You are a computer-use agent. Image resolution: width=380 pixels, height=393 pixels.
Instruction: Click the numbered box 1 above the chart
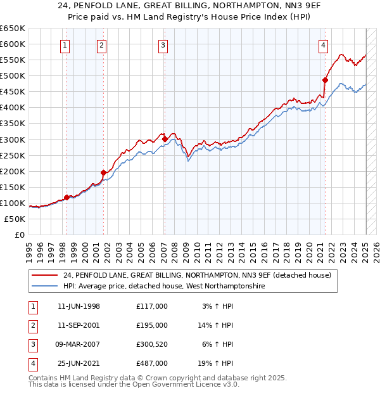pyautogui.click(x=66, y=45)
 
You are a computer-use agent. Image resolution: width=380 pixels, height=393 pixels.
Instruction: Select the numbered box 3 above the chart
pyautogui.click(x=163, y=45)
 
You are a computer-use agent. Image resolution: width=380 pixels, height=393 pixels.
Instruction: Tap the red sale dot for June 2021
pyautogui.click(x=325, y=80)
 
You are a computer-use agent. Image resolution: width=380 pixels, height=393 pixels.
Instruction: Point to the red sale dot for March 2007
pyautogui.click(x=165, y=139)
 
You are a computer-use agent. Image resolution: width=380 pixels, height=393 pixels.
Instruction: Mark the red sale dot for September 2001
pyautogui.click(x=103, y=172)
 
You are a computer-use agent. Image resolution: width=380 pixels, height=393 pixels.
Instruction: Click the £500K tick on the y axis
pyautogui.click(x=13, y=76)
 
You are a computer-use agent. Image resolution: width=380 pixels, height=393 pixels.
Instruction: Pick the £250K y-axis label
pyautogui.click(x=13, y=155)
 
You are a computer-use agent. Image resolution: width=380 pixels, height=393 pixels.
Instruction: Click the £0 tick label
pyautogui.click(x=19, y=235)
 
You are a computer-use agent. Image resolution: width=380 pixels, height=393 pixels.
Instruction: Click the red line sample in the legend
pyautogui.click(x=45, y=275)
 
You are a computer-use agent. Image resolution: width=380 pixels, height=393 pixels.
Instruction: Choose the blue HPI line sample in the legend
pyautogui.click(x=45, y=287)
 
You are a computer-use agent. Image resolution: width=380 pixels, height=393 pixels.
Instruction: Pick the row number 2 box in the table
pyautogui.click(x=32, y=325)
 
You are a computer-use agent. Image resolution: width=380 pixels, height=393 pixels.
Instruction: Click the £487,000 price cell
pyautogui.click(x=151, y=363)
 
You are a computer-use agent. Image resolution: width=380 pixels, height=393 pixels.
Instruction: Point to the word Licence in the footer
pyautogui.click(x=206, y=384)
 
